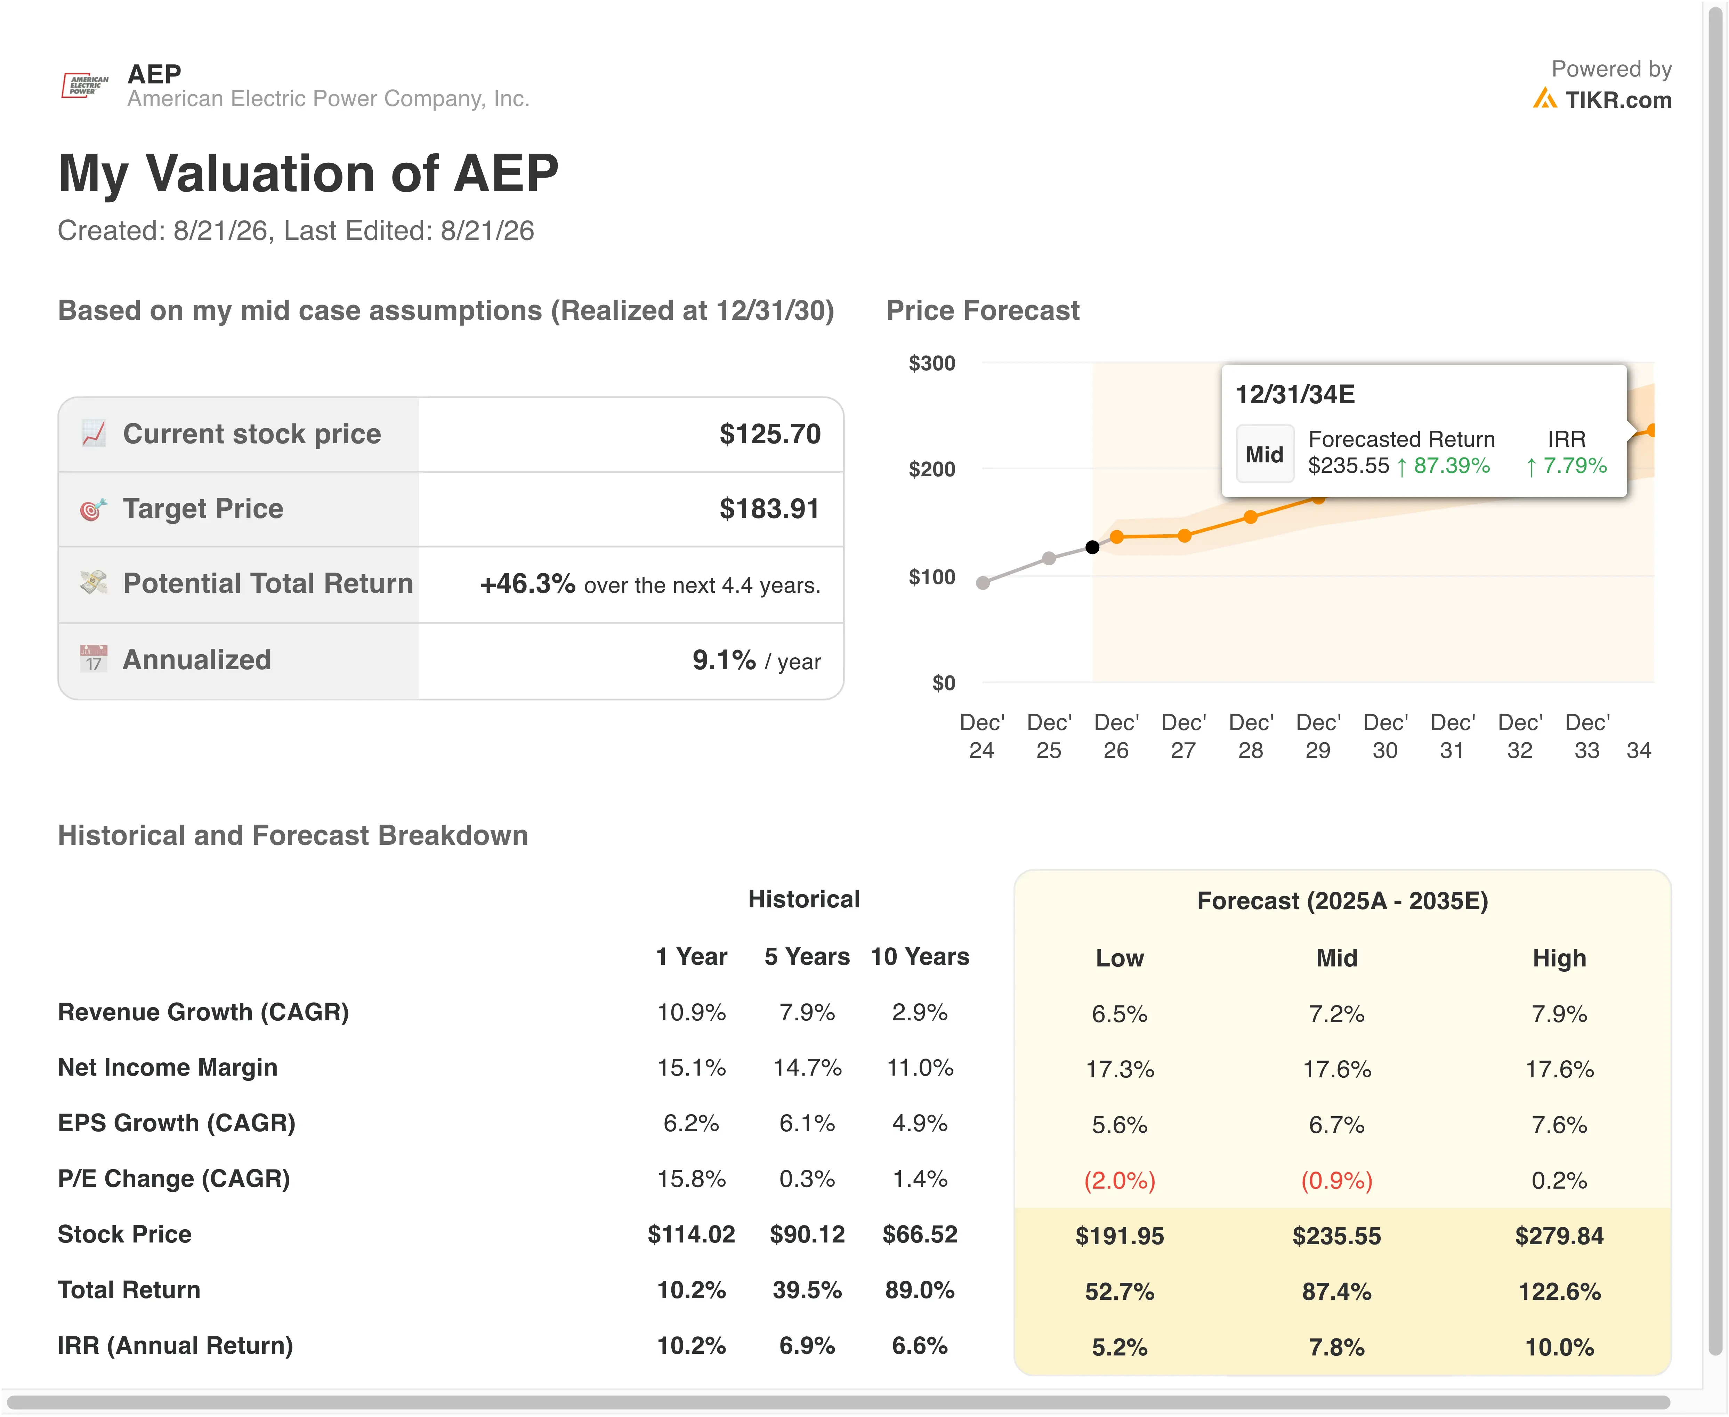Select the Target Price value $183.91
(769, 509)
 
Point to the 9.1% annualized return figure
(724, 659)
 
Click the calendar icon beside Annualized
(93, 658)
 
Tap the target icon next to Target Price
(93, 509)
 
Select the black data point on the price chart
(1092, 547)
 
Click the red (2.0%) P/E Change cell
(1119, 1180)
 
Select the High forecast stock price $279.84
(1559, 1236)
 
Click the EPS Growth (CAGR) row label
(176, 1123)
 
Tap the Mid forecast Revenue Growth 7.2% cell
(1336, 1014)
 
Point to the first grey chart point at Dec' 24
(983, 583)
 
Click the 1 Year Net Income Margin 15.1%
(692, 1068)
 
